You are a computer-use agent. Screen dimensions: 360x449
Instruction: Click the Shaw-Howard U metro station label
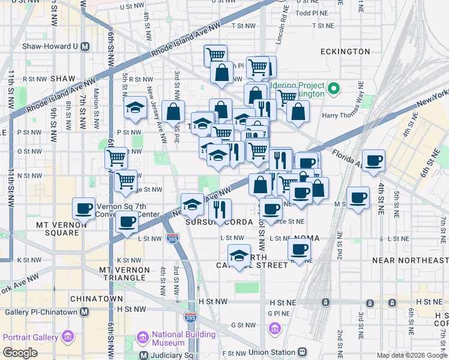pyautogui.click(x=51, y=46)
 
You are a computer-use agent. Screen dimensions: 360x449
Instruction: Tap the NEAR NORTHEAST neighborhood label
pyautogui.click(x=410, y=260)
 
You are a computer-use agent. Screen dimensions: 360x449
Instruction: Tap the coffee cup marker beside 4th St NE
pyautogui.click(x=373, y=160)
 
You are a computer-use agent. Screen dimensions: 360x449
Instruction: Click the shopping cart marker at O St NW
pyautogui.click(x=115, y=158)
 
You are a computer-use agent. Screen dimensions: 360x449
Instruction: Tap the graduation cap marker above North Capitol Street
pyautogui.click(x=239, y=256)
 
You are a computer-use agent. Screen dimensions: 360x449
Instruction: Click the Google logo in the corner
pyautogui.click(x=20, y=353)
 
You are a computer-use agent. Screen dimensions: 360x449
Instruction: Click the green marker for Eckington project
pyautogui.click(x=334, y=90)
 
